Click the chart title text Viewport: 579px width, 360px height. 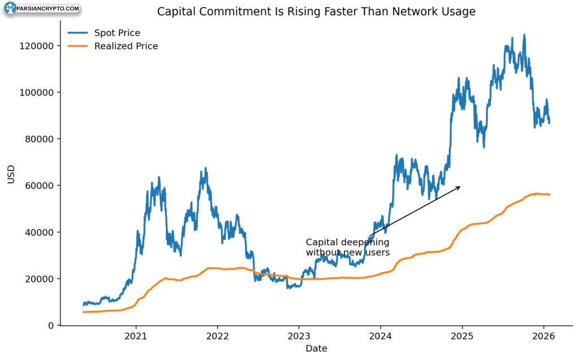(316, 11)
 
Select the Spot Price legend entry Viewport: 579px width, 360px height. (104, 33)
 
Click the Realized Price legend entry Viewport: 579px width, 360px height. (113, 46)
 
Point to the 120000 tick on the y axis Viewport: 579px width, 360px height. (37, 46)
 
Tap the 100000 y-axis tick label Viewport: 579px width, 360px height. (37, 92)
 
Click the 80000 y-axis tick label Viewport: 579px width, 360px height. (40, 139)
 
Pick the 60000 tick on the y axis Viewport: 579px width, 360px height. (40, 186)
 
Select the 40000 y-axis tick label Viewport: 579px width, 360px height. (40, 232)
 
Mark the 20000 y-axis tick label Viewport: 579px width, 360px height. (40, 279)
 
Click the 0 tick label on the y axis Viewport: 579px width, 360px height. (51, 326)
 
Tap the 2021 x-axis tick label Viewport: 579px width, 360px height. (136, 336)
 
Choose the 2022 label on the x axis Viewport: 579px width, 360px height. (217, 336)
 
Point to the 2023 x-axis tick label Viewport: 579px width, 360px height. (299, 336)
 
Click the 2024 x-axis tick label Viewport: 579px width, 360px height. (381, 336)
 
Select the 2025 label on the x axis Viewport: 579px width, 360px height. (462, 336)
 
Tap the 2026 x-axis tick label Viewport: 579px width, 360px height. (543, 336)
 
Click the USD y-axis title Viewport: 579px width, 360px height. (11, 174)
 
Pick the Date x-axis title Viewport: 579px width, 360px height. (317, 349)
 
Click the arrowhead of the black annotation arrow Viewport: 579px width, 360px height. (458, 188)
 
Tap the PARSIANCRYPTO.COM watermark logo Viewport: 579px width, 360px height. (42, 8)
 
